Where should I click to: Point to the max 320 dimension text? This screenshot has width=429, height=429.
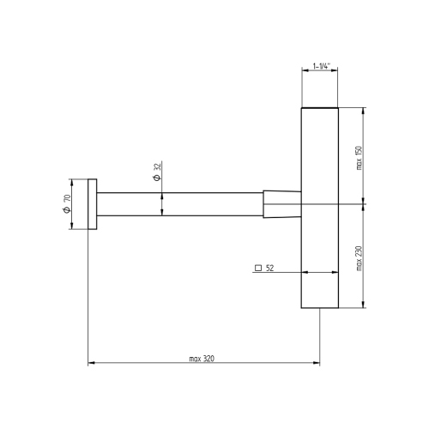click(203, 358)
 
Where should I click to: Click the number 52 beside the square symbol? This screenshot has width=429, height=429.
click(269, 269)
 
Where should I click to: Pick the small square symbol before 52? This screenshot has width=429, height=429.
click(257, 269)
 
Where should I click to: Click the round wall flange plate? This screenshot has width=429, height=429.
click(92, 205)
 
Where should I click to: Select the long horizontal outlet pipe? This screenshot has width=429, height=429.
click(180, 205)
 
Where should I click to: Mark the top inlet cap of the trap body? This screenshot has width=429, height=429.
click(320, 111)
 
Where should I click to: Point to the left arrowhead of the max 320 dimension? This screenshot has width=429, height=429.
click(91, 364)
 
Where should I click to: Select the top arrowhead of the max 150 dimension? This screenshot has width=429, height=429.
click(366, 112)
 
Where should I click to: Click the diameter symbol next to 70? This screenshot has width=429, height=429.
click(67, 213)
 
